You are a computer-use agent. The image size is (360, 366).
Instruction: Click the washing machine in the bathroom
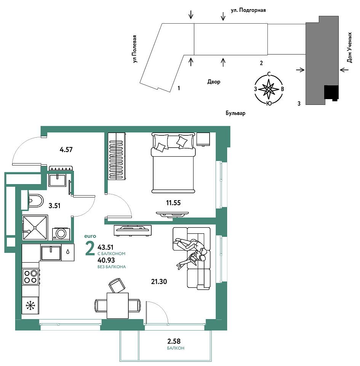pyautogui.click(x=61, y=234)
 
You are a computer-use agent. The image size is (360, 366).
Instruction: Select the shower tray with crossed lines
pyautogui.click(x=35, y=228)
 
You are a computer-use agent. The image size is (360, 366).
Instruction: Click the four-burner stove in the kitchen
pyautogui.click(x=31, y=277)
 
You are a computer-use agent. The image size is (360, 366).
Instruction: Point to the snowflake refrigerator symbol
pyautogui.click(x=30, y=305)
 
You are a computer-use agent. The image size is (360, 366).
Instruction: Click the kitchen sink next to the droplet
pyautogui.click(x=51, y=253)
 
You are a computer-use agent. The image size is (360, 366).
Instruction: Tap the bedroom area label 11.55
pyautogui.click(x=173, y=203)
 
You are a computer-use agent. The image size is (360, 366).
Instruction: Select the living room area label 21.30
pyautogui.click(x=159, y=282)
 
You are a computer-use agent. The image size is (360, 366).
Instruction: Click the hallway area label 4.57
pyautogui.click(x=66, y=149)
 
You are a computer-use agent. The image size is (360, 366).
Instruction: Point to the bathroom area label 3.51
pyautogui.click(x=54, y=205)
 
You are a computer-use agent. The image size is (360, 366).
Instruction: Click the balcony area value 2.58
pyautogui.click(x=174, y=342)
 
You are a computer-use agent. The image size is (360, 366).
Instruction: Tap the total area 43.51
pyautogui.click(x=106, y=247)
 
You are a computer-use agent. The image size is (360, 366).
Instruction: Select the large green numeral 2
pyautogui.click(x=90, y=248)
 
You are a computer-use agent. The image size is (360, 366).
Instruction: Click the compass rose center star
pyautogui.click(x=269, y=89)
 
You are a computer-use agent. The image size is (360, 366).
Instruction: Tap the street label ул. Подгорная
pyautogui.click(x=248, y=10)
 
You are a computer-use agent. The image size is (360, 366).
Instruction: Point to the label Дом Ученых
pyautogui.click(x=349, y=48)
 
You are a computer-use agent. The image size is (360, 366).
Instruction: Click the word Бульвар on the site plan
pyautogui.click(x=235, y=113)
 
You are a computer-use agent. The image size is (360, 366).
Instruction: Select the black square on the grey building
pyautogui.click(x=331, y=92)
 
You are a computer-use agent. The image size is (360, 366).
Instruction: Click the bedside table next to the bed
pyautogui.click(x=203, y=139)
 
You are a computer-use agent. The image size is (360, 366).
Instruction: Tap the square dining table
pyautogui.click(x=118, y=305)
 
